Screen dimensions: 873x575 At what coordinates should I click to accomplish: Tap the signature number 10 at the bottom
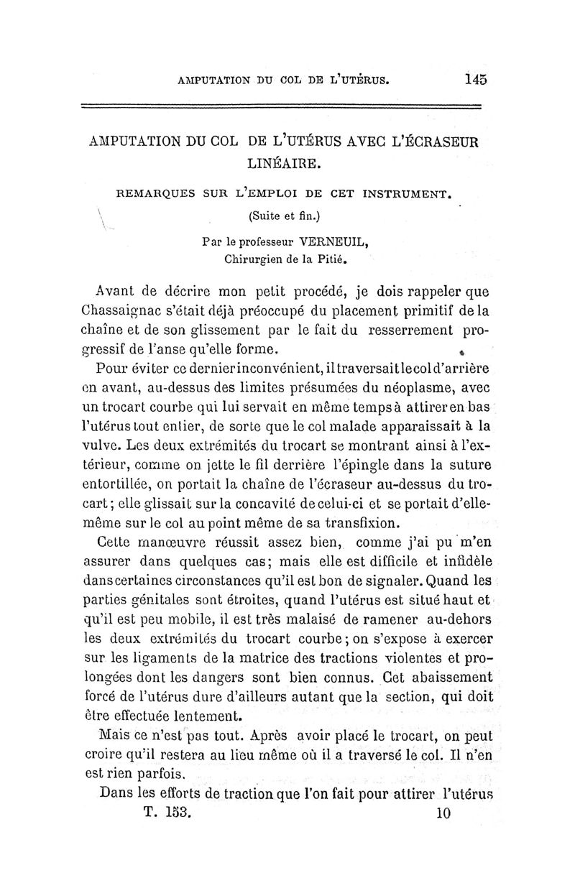[x=442, y=813]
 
